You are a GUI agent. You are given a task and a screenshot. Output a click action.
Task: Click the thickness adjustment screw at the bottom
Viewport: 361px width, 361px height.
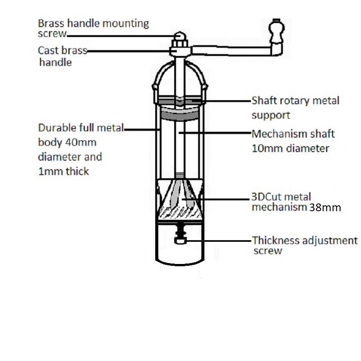coord(180,241)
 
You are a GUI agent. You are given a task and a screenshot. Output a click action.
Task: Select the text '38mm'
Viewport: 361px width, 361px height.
coord(324,208)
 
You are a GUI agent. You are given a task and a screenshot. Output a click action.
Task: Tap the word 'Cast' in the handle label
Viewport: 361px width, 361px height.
coord(48,50)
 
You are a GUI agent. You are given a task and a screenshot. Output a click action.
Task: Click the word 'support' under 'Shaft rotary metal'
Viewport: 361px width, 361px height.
coord(271,115)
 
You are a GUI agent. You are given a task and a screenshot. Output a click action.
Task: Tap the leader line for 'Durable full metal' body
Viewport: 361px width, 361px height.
coord(142,130)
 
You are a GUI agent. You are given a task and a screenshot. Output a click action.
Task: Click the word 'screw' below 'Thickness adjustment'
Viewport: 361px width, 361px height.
coord(268,251)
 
